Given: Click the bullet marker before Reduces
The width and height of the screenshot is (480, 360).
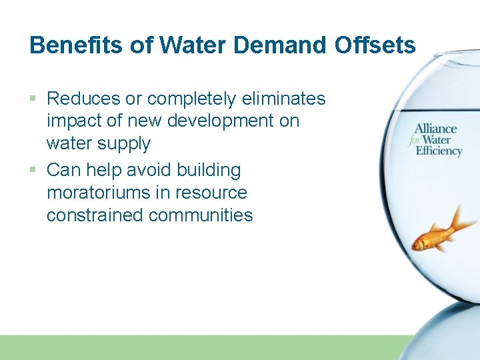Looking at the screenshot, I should click(x=34, y=99).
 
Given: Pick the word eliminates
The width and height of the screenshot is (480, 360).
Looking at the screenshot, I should click(x=283, y=99).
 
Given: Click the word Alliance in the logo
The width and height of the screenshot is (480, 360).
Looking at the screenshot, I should click(x=435, y=129).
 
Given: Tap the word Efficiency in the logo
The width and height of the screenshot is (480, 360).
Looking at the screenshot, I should click(x=439, y=151).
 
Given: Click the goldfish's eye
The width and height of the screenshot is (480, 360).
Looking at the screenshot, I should click(x=419, y=244).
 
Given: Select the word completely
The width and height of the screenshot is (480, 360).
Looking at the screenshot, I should click(x=192, y=99).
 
